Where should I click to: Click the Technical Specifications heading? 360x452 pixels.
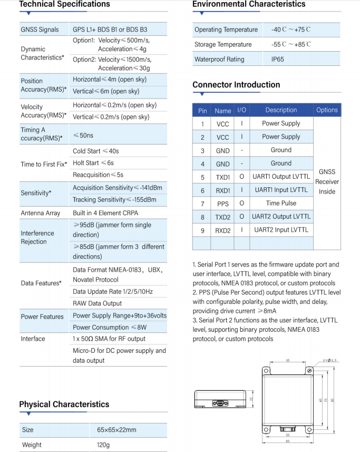(64, 4)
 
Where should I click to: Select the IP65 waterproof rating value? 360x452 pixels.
(277, 60)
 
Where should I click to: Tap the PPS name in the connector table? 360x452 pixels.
(222, 204)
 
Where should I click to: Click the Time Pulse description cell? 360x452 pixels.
(281, 203)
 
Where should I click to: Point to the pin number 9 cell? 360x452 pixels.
(202, 230)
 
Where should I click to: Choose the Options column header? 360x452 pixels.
(327, 110)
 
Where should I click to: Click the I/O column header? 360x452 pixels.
(241, 110)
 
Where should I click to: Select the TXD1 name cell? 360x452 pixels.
(222, 177)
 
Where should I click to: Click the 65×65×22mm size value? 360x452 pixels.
(116, 430)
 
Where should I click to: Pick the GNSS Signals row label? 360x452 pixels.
(40, 30)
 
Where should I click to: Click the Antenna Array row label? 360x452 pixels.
(41, 214)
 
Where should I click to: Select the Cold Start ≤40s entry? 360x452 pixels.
(96, 151)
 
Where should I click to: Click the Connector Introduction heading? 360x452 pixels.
(236, 85)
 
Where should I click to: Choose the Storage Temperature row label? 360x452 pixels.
(223, 45)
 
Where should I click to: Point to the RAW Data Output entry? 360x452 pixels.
(97, 303)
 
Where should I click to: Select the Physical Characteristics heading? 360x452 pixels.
(64, 405)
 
